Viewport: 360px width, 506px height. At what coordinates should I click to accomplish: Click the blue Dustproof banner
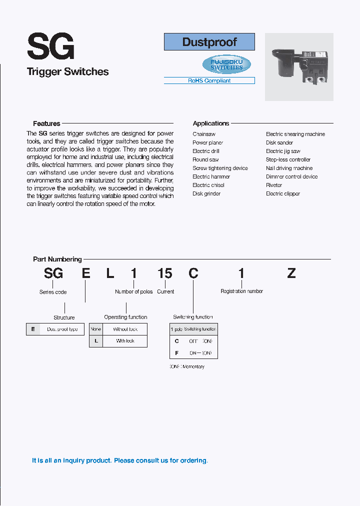click(x=209, y=42)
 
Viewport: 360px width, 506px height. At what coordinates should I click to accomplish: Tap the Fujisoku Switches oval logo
click(x=226, y=64)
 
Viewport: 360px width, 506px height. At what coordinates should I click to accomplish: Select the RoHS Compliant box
click(x=209, y=80)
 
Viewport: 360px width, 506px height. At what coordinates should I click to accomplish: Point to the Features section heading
click(x=46, y=123)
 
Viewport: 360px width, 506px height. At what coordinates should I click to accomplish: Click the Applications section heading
click(x=210, y=123)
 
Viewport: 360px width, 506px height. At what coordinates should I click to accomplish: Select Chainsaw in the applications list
click(x=204, y=134)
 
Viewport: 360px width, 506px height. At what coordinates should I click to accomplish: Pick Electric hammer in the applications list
click(x=211, y=176)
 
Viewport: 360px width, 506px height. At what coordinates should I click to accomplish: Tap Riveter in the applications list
click(x=274, y=185)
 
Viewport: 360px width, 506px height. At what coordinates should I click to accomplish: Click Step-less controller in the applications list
click(x=288, y=159)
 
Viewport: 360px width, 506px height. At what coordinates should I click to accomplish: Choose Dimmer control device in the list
click(x=291, y=176)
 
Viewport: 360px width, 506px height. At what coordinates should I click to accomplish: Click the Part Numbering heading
click(x=57, y=259)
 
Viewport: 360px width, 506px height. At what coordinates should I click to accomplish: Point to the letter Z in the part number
click(x=291, y=273)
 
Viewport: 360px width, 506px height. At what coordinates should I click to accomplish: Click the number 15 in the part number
click(x=164, y=273)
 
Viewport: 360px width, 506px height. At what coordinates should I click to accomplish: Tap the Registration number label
click(x=241, y=291)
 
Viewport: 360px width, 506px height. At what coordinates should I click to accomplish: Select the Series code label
click(x=53, y=292)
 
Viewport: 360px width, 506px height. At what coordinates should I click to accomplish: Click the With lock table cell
click(x=125, y=341)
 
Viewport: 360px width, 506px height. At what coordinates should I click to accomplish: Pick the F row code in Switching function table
click(x=176, y=353)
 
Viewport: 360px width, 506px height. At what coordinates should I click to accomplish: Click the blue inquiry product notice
click(x=119, y=460)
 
